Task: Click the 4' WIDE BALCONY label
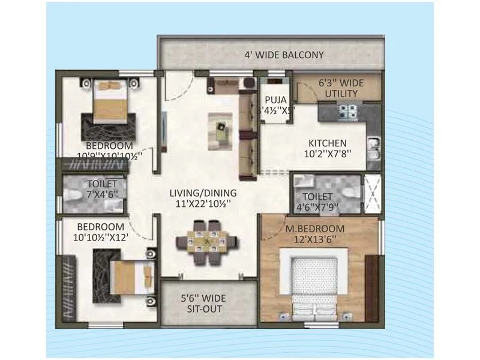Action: (x=284, y=55)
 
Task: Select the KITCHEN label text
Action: (x=327, y=143)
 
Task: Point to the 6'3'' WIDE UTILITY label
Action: (x=341, y=88)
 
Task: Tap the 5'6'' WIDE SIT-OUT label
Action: (x=202, y=303)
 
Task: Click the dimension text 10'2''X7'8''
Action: (x=327, y=153)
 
